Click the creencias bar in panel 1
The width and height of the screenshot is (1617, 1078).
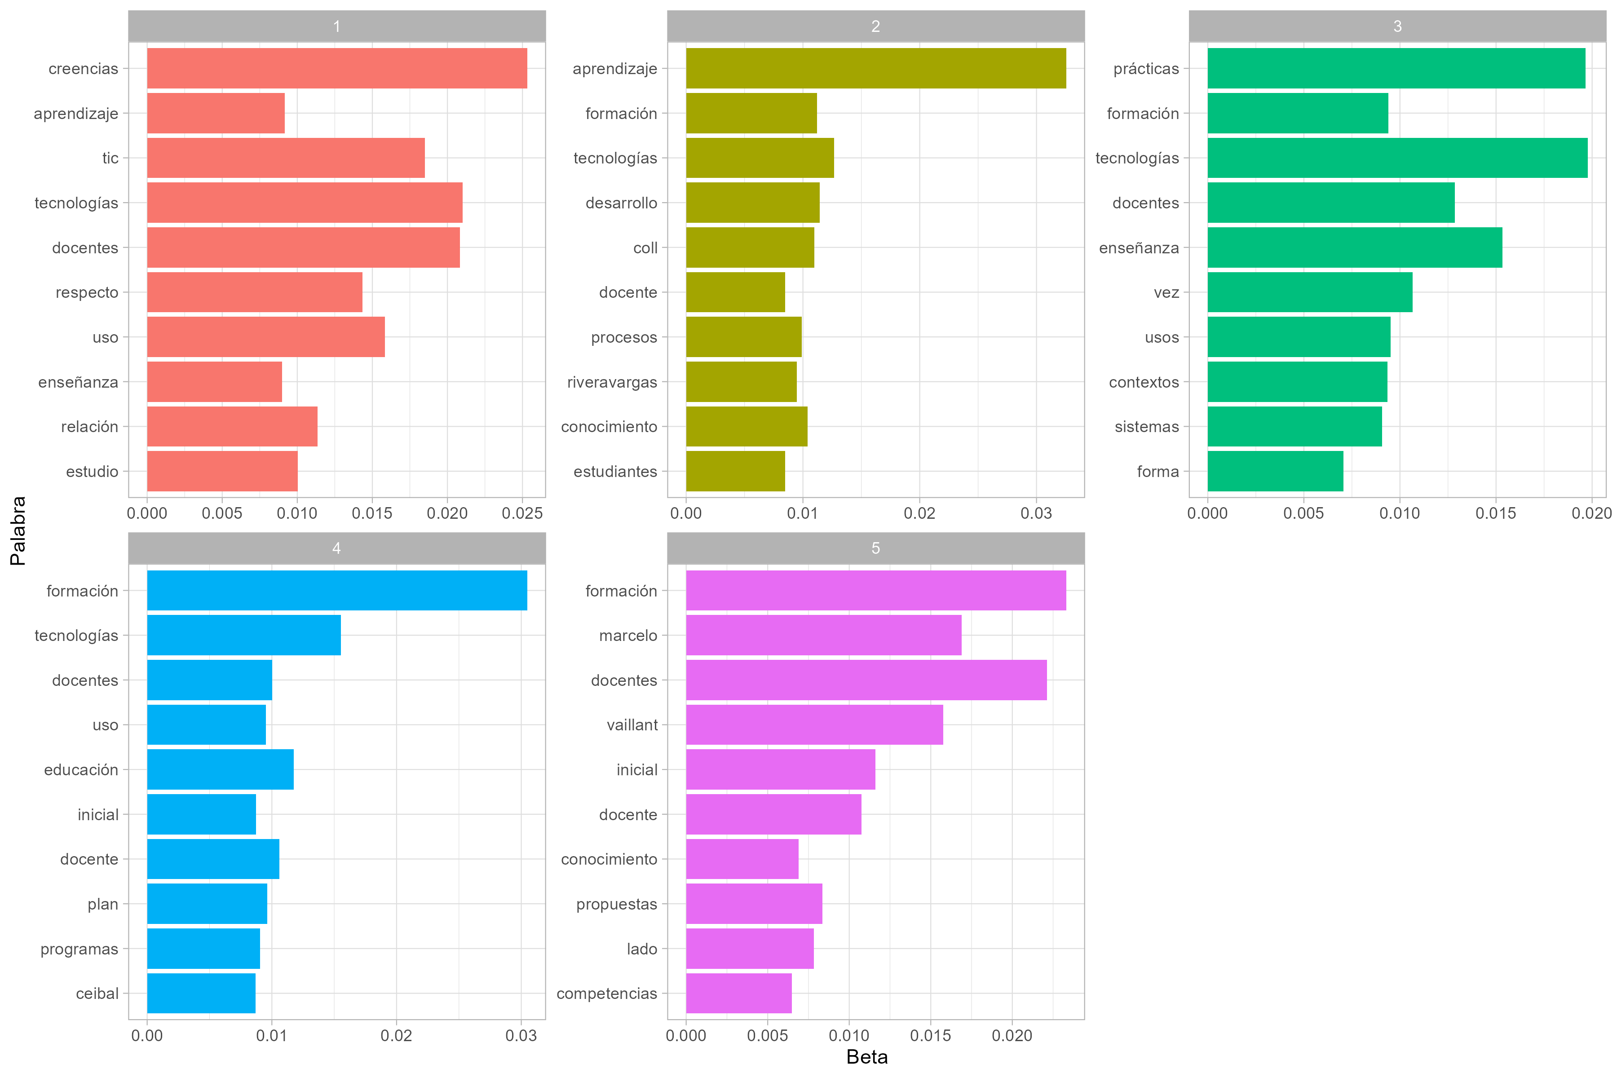click(x=337, y=68)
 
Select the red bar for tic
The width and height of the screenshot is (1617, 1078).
click(x=285, y=158)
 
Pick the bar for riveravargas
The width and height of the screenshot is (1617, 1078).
click(x=741, y=381)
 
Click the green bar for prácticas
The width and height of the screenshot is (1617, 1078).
click(x=1396, y=68)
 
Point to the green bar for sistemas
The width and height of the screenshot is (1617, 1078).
click(x=1294, y=426)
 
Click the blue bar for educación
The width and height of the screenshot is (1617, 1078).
click(x=220, y=769)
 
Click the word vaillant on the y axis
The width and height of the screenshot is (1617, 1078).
click(x=632, y=725)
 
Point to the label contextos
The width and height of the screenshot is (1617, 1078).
click(x=1143, y=382)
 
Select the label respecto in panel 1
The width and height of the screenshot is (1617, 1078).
click(x=87, y=293)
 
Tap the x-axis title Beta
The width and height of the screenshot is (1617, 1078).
click(x=866, y=1057)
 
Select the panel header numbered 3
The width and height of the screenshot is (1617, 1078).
click(x=1397, y=26)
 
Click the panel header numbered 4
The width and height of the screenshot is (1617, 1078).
click(x=336, y=548)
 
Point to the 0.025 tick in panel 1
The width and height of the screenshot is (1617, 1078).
click(x=522, y=513)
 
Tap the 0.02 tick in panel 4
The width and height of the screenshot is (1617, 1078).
click(x=396, y=1035)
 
